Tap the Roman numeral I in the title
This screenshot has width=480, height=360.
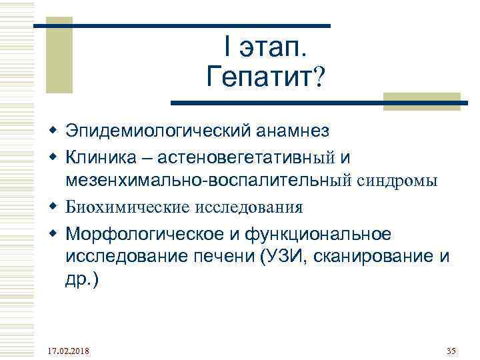coord(229,48)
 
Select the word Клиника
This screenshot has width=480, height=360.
coord(103,157)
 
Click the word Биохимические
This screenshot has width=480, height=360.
coord(127,207)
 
